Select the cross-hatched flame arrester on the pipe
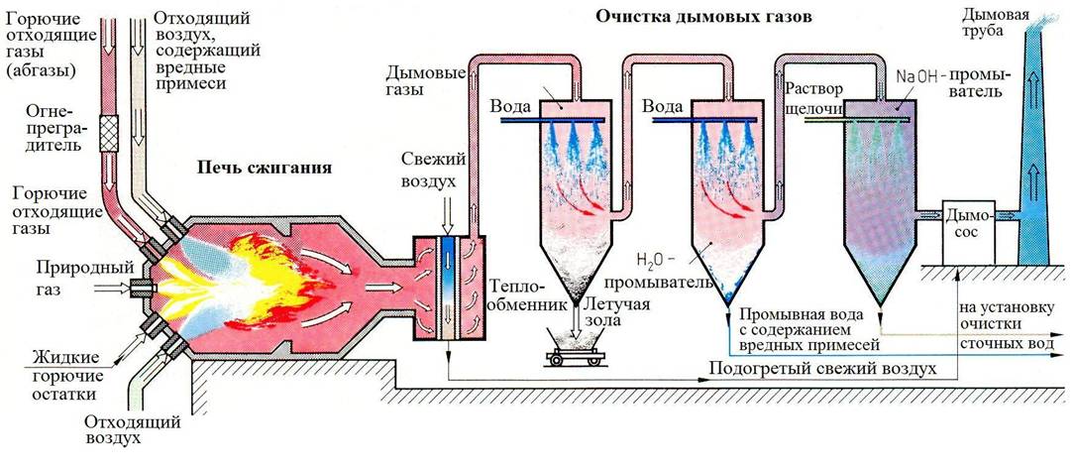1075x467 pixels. click(109, 130)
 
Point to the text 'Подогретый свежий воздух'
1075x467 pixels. click(821, 369)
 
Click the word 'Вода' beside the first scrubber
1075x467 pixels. click(510, 105)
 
